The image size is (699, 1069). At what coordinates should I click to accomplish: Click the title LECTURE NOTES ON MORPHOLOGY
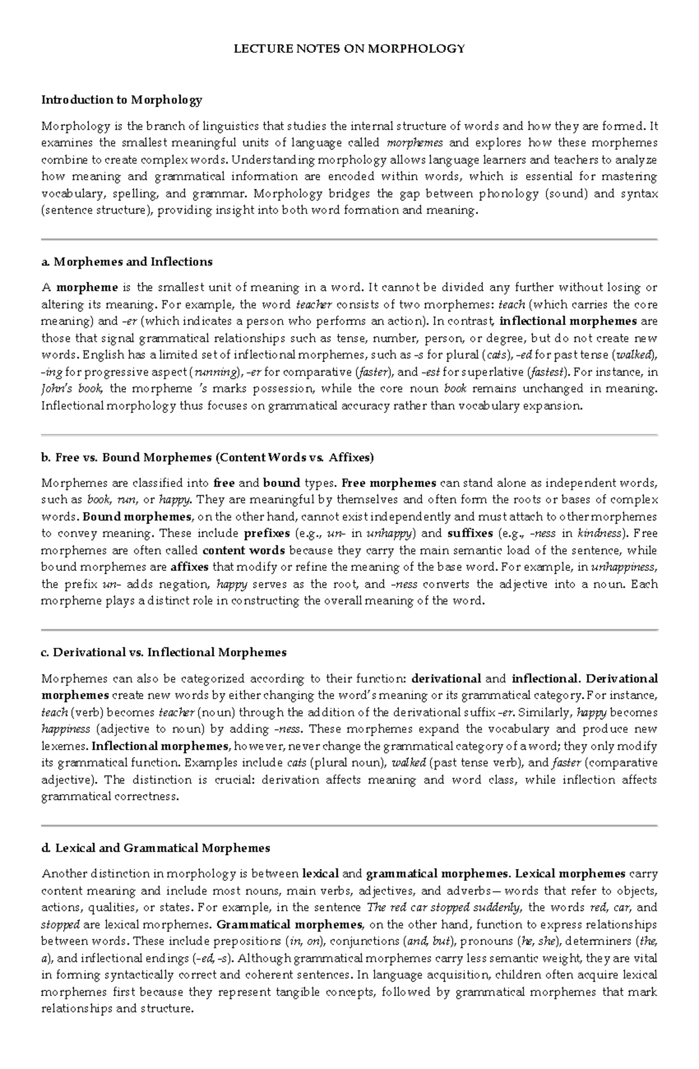pos(349,49)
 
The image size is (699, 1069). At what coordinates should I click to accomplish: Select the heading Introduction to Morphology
pos(121,100)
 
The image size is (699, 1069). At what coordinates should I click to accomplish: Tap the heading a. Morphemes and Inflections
pos(126,262)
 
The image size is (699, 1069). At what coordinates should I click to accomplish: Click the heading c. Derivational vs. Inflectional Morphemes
pos(164,652)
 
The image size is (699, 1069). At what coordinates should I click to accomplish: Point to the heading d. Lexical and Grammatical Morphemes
pos(156,848)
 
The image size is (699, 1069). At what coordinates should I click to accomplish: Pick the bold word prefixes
pos(267,533)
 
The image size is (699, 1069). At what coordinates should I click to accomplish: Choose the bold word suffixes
pos(470,533)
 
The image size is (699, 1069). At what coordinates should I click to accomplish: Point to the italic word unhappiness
pos(624,567)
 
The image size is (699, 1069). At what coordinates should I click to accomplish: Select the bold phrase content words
pos(243,550)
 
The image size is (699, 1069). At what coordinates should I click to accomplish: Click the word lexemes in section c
pos(64,746)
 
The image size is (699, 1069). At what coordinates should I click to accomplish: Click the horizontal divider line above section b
pos(349,435)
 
